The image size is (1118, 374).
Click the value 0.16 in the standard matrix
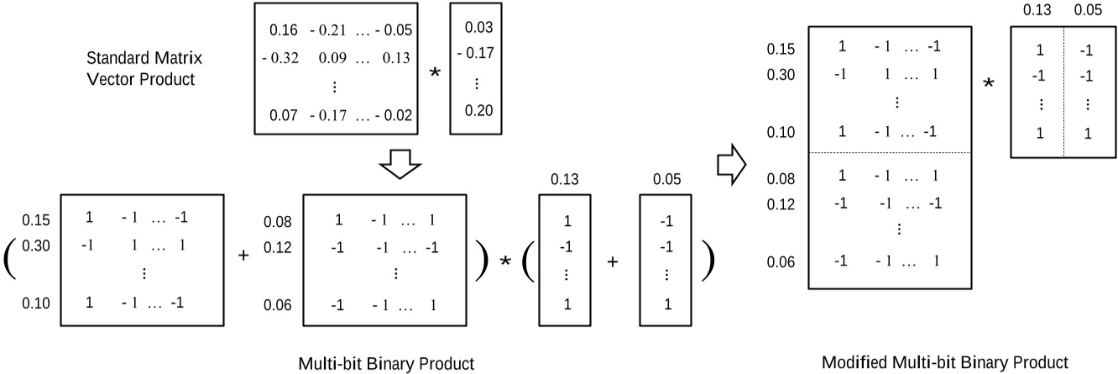click(283, 32)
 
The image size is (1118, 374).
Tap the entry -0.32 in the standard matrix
click(281, 59)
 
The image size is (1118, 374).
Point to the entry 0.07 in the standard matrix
click(283, 112)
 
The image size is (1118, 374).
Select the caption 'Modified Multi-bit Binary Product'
click(945, 362)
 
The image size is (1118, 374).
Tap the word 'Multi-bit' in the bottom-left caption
click(329, 363)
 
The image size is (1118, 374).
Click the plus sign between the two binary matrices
click(244, 255)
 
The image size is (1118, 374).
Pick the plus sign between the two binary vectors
click(612, 262)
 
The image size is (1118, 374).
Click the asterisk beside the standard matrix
click(435, 73)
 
